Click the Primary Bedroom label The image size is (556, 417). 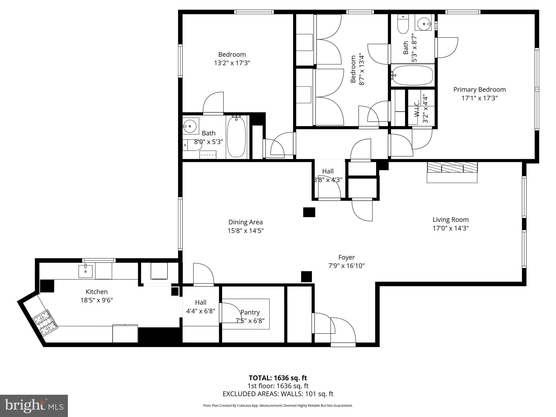(479, 90)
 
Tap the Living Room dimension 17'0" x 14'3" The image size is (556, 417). (451, 228)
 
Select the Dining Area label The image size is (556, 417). (245, 222)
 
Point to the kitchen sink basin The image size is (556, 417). (85, 271)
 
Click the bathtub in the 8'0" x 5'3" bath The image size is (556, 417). (236, 137)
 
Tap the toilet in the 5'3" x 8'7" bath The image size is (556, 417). (403, 24)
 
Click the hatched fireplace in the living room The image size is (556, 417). (452, 167)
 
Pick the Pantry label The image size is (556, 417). (250, 312)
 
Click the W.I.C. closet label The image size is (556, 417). (417, 109)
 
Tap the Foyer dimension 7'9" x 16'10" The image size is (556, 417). (346, 266)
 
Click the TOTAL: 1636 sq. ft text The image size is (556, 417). (278, 378)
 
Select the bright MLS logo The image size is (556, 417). (34, 406)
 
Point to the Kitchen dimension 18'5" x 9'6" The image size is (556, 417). (97, 300)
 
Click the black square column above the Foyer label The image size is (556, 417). (309, 212)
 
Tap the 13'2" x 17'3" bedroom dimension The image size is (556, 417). (232, 63)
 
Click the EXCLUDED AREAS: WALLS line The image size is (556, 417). (278, 394)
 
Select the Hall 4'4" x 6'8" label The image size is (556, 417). (201, 302)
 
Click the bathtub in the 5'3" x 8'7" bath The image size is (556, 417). (413, 75)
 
